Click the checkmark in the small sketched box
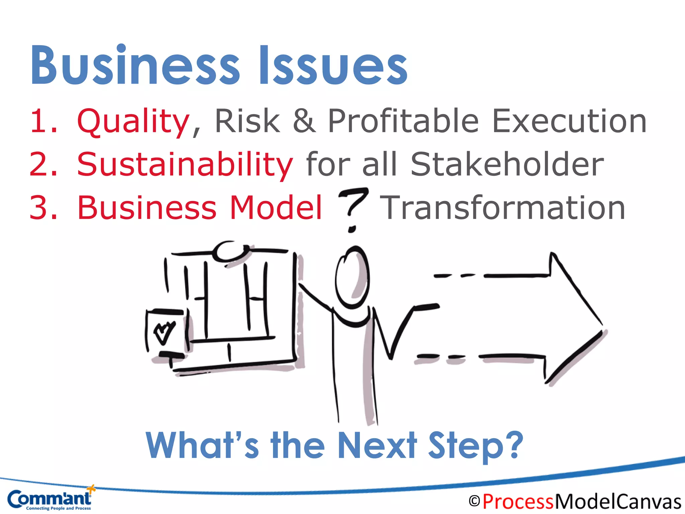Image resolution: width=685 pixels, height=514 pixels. [x=164, y=332]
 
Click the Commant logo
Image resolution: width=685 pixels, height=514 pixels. [x=50, y=499]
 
